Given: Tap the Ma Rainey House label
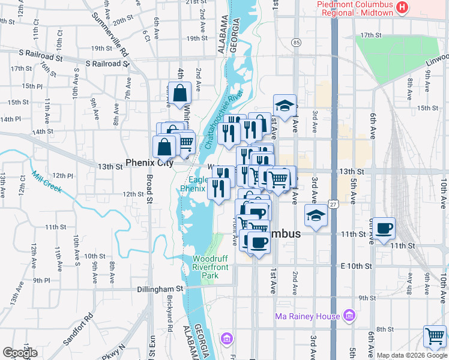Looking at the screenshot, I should pyautogui.click(x=306, y=316).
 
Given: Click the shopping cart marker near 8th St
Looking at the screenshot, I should pyautogui.click(x=435, y=336).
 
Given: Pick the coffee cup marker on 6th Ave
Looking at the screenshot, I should pyautogui.click(x=384, y=228).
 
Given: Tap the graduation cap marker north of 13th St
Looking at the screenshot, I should pyautogui.click(x=285, y=106).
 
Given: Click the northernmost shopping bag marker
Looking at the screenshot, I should pyautogui.click(x=179, y=93).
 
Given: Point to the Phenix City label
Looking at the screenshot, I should pyautogui.click(x=149, y=163).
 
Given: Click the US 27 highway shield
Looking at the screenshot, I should pyautogui.click(x=334, y=204).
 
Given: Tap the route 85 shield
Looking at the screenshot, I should pyautogui.click(x=297, y=43).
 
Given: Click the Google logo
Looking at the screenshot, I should pyautogui.click(x=20, y=353).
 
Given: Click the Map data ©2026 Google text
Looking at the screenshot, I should pyautogui.click(x=412, y=355).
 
